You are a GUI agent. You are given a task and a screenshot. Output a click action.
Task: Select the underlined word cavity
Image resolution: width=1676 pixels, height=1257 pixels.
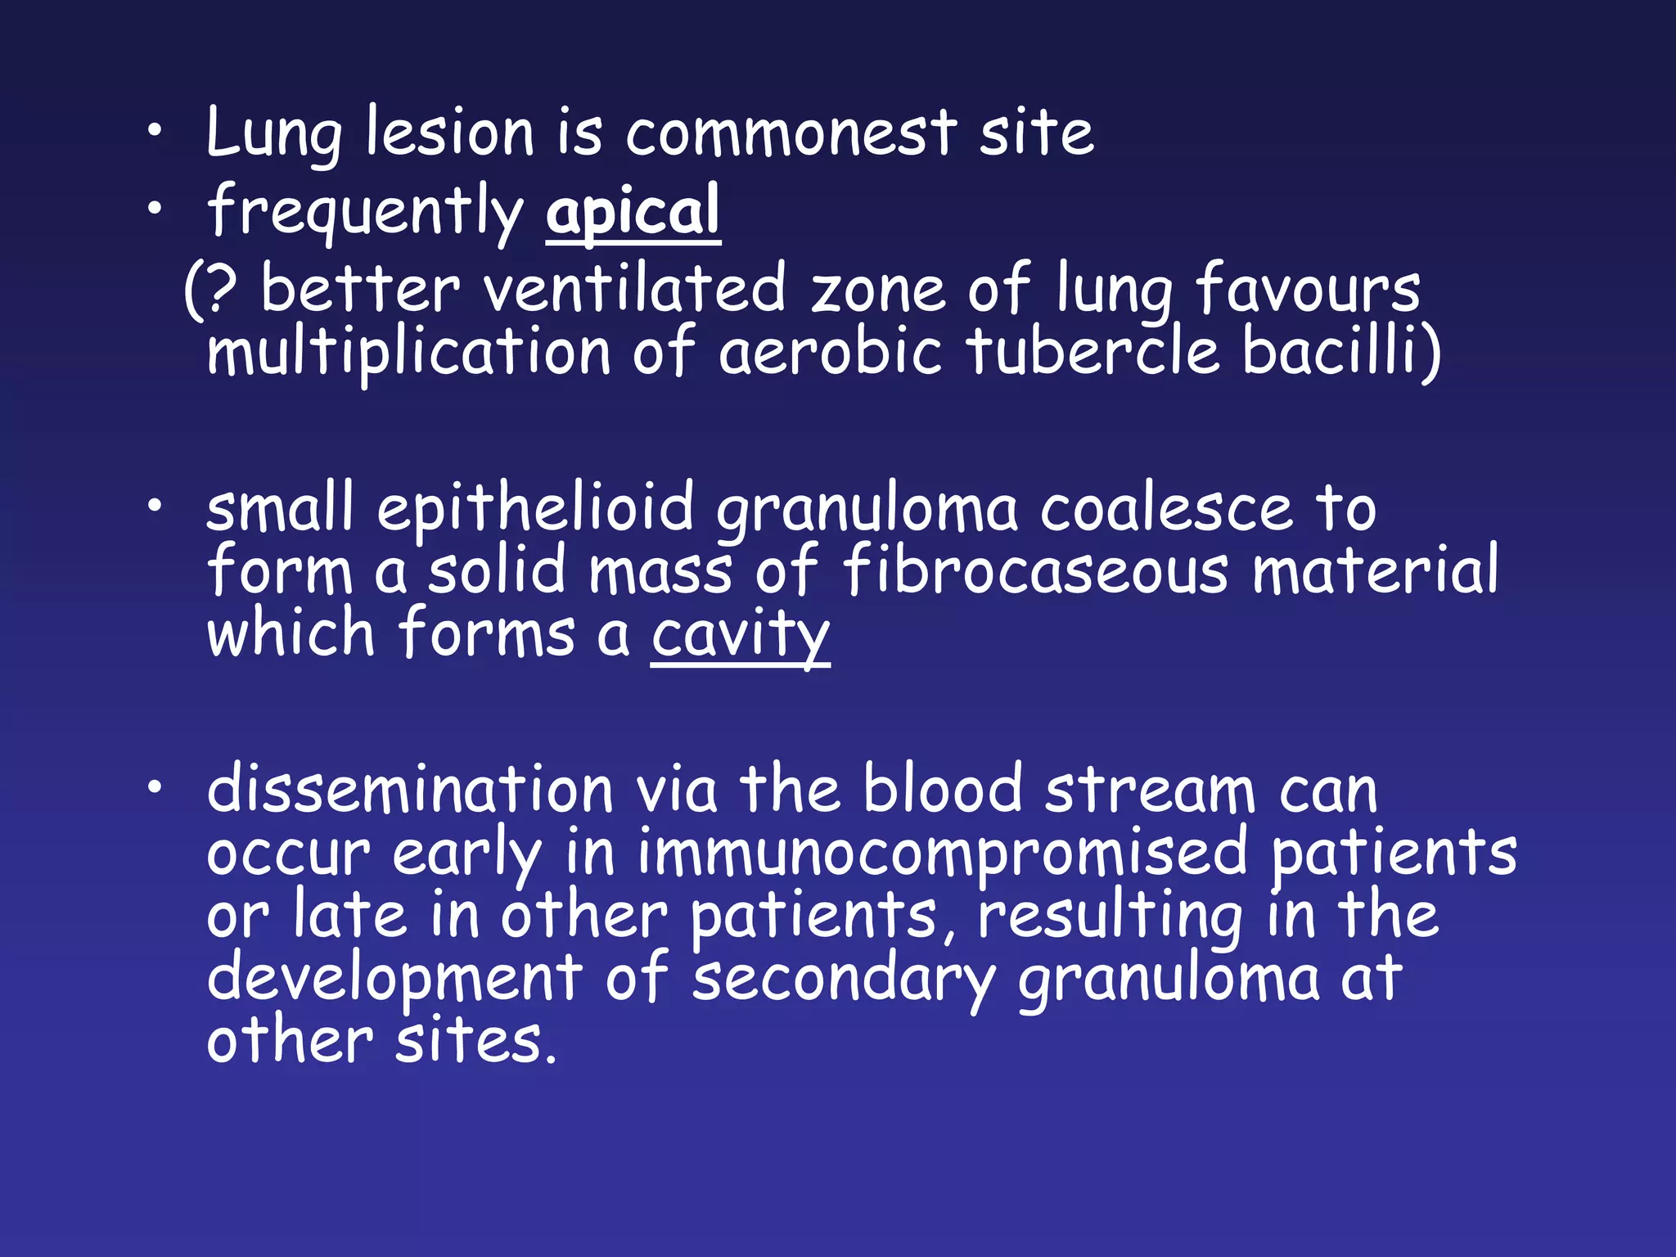pos(741,634)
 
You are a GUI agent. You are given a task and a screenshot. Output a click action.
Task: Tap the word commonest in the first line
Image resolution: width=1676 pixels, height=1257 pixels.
pos(791,133)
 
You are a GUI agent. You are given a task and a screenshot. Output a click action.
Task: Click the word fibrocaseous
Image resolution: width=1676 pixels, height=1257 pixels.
pos(1035,570)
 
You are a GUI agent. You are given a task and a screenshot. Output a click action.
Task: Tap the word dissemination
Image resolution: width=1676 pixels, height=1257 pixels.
pos(410,790)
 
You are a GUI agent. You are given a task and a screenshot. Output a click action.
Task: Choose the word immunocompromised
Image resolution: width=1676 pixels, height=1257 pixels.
pos(943,853)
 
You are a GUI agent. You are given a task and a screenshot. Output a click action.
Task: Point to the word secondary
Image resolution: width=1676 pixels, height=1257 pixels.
pos(844,980)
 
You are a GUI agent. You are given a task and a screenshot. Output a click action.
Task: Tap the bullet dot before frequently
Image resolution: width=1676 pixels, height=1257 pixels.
pos(155,209)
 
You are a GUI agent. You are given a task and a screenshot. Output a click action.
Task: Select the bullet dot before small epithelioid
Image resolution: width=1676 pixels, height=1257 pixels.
pos(155,507)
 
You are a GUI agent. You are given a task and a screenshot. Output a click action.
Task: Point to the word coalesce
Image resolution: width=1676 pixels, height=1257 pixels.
pos(1166,508)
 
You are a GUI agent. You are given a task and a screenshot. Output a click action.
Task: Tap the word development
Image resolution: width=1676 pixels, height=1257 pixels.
pos(394,980)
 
